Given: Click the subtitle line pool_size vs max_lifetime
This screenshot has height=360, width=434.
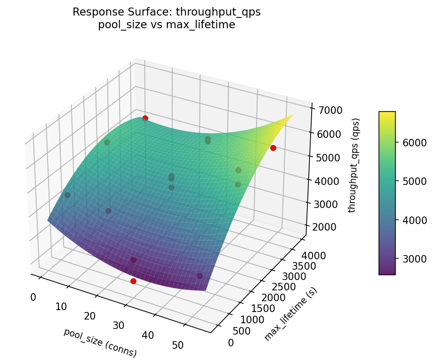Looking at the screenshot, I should tap(167, 25).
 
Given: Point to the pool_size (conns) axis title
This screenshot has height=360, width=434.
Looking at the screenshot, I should tap(100, 342).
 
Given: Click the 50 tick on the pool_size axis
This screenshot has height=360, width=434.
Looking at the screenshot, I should tap(177, 345).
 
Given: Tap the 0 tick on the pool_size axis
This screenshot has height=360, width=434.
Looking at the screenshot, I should tap(32, 297).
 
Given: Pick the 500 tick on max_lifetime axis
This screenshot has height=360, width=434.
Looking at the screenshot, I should tap(241, 331).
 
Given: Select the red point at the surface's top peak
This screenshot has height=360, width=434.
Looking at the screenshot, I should tap(145, 118).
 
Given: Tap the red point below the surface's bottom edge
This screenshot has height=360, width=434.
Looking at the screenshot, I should tap(133, 281).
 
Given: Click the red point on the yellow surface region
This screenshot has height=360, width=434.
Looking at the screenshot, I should tap(273, 148).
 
